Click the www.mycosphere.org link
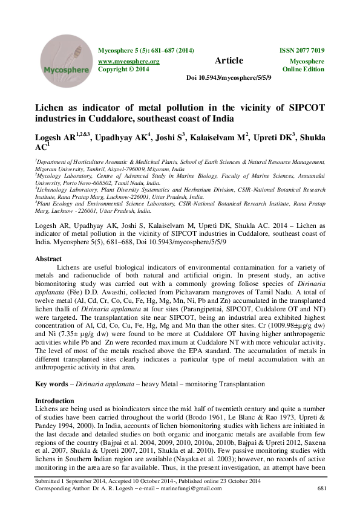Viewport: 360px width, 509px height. [128, 62]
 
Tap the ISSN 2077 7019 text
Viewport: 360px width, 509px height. [301, 50]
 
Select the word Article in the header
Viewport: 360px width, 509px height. [229, 60]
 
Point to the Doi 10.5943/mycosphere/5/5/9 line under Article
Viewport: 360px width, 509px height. [228, 79]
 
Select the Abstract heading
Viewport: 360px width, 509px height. [49, 258]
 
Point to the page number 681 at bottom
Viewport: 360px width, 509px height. [321, 488]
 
